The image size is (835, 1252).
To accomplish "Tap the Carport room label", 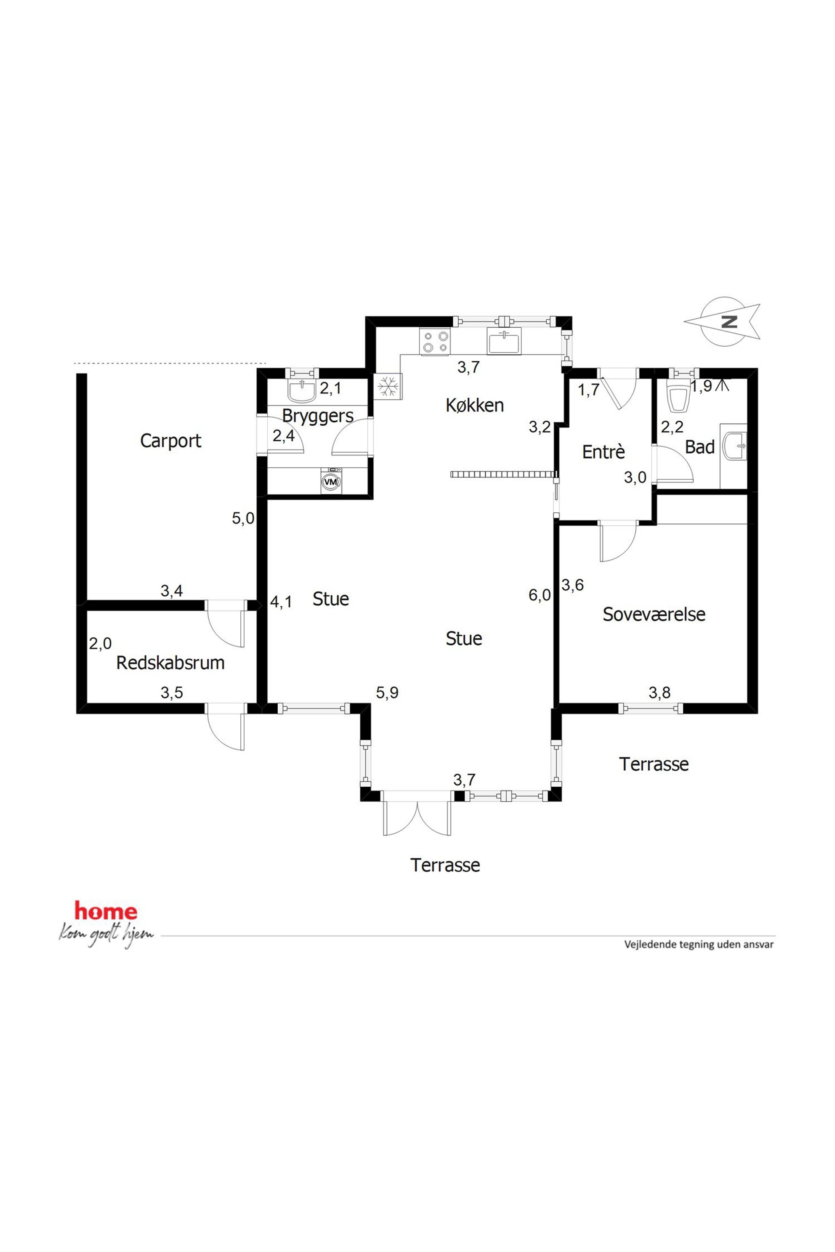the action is point(170,441).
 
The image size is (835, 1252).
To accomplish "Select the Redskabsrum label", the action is point(170,663).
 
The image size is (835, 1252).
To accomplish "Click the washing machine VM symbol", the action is point(331,481).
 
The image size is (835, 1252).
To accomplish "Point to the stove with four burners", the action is point(435,342).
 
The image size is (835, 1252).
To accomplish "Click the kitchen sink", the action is point(504,341).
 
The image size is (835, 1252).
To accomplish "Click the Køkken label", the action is point(474,405).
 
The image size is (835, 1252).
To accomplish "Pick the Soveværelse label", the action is point(654,614).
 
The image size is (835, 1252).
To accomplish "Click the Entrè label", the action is point(604,451).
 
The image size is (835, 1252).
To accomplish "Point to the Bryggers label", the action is point(317,416).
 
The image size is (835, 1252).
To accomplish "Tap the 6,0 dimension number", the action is point(540,594).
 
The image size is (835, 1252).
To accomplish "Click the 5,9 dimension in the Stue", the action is point(387,692).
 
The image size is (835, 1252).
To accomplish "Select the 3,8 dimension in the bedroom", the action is point(659,692).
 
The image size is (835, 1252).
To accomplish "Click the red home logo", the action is point(106,911).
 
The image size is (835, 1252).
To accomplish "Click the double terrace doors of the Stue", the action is point(417,813).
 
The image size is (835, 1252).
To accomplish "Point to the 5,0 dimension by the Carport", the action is point(243,518).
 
